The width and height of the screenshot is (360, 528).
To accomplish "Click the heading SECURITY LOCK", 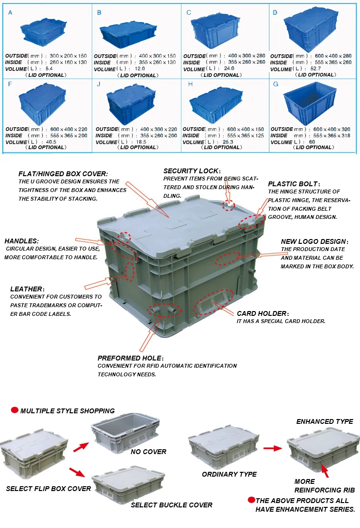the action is [192, 171].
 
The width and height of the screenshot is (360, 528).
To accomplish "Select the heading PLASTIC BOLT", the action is [293, 184].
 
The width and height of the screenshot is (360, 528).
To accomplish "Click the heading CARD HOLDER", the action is [262, 313].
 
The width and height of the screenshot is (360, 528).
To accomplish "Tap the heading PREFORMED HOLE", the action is [130, 358].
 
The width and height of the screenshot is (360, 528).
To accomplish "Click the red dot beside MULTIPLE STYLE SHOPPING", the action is [14, 410].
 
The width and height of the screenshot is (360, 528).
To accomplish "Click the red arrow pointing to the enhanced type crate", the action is [273, 448].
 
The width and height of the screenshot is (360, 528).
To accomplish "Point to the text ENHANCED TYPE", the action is [324, 421].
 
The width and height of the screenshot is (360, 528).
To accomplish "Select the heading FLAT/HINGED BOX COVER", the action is [63, 174].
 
